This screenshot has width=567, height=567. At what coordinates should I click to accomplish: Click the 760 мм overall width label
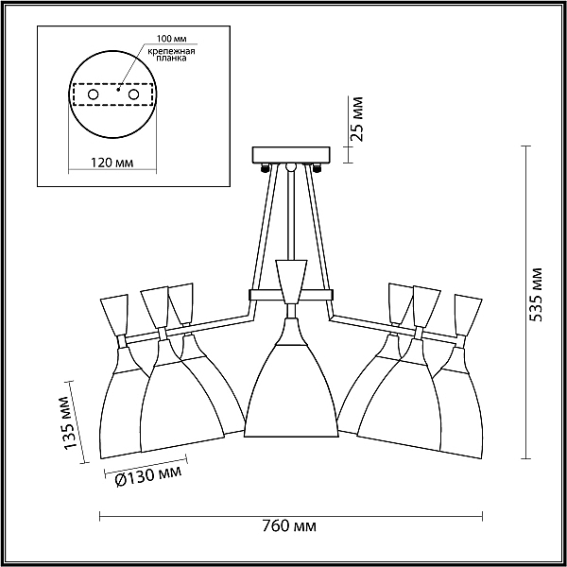tap(289, 525)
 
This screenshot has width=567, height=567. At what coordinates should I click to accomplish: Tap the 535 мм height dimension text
tap(536, 295)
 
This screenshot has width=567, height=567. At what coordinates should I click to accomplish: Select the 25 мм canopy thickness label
tap(356, 119)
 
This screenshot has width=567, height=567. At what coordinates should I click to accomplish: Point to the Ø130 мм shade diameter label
tap(148, 475)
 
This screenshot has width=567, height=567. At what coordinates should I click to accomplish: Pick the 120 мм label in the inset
tap(112, 163)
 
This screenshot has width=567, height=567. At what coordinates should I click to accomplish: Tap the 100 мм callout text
tap(171, 39)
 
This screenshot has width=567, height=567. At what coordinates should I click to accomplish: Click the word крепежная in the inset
tap(171, 51)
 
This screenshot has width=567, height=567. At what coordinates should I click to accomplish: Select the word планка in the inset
tap(171, 59)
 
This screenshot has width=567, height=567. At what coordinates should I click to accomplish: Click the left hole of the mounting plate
tap(94, 94)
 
